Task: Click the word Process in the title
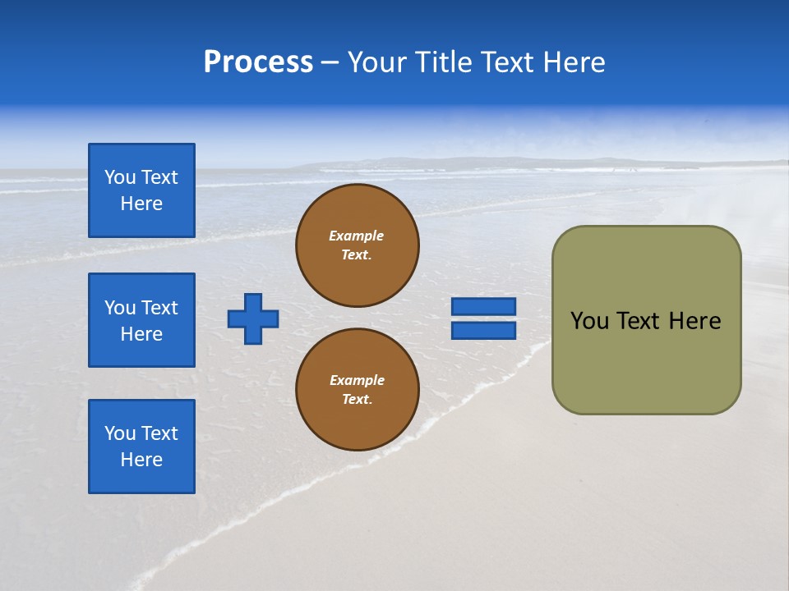tap(258, 62)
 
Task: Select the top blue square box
tap(141, 190)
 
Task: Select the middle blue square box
tap(141, 320)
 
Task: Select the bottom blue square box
tap(141, 447)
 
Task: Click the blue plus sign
tap(253, 318)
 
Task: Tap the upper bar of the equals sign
tap(483, 306)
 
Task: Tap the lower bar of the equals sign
tap(483, 331)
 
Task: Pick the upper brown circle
tap(358, 245)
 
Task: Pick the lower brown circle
tap(358, 390)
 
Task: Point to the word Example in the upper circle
tap(357, 236)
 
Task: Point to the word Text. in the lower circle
tap(357, 400)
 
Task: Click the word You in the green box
tap(588, 321)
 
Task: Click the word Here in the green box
tap(694, 321)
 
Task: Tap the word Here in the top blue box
tap(141, 204)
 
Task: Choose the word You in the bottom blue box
tap(120, 433)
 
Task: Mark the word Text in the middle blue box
tap(159, 308)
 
